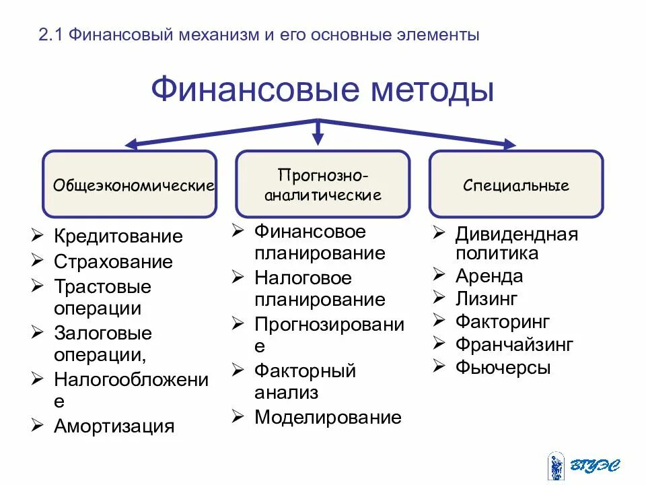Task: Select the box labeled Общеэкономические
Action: click(x=130, y=184)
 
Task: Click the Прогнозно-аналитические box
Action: click(x=323, y=184)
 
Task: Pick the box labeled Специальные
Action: click(x=516, y=184)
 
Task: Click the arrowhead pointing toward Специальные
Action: click(x=509, y=143)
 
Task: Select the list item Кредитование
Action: click(x=118, y=236)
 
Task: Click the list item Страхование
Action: click(x=113, y=261)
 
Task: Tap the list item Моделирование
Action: click(x=328, y=417)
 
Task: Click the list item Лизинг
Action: click(x=486, y=298)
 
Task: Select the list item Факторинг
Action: click(x=503, y=321)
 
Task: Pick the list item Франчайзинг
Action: click(x=514, y=344)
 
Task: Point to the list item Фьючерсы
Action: click(x=503, y=368)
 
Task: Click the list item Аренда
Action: click(x=489, y=276)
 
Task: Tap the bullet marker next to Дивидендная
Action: click(x=438, y=233)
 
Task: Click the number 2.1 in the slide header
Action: click(x=50, y=35)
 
